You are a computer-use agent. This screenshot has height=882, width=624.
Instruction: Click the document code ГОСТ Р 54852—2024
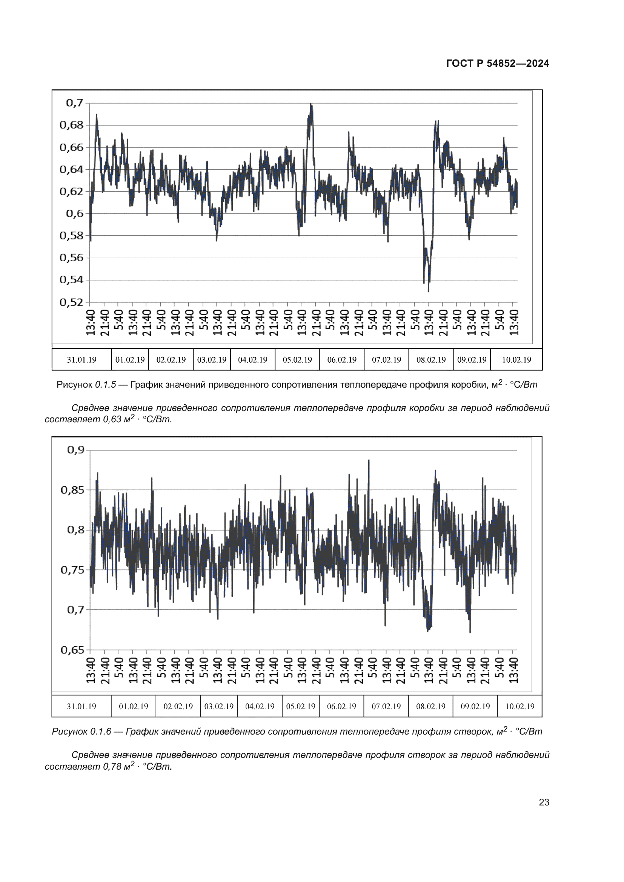(497, 63)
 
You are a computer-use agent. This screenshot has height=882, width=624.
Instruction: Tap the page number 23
(544, 802)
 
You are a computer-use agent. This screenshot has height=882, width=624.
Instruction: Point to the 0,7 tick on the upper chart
(75, 103)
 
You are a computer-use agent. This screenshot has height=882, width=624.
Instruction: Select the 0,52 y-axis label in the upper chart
(71, 302)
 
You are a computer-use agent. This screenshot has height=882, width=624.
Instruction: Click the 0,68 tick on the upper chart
(71, 125)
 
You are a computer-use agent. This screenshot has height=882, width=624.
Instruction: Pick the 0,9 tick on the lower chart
(76, 450)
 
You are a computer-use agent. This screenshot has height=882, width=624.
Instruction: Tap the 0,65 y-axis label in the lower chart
(72, 650)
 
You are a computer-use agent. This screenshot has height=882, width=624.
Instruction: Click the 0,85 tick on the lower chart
(72, 490)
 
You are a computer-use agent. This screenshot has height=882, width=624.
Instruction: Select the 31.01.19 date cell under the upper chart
(81, 360)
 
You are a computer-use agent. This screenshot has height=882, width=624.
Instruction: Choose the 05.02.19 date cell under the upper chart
(297, 360)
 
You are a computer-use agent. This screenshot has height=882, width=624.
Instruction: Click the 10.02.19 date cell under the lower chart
(519, 706)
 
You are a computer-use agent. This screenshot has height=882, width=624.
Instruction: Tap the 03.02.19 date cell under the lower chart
(219, 706)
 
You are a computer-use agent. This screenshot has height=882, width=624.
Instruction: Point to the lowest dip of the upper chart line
(429, 291)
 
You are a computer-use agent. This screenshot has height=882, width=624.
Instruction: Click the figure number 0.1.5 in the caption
(105, 385)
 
